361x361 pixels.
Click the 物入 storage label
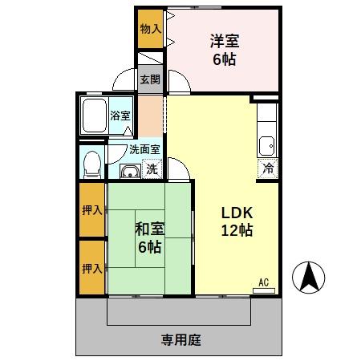pos(150,29)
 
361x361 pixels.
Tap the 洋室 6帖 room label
pos(225,50)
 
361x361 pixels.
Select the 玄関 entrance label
pos(150,80)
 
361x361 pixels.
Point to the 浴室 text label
pos(120,116)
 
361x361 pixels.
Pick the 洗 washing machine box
pos(152,168)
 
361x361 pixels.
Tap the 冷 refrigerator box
pos(266,168)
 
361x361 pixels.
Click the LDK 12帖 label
pos(237,222)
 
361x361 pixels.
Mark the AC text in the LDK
pos(262,282)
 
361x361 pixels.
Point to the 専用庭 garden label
pos(180,339)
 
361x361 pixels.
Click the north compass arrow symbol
pos(309,278)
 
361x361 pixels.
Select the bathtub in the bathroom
pos(95,116)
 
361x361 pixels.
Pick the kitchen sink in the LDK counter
pos(266,146)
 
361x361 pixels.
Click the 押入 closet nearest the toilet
pos(91,210)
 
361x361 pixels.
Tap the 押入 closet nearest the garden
pos(91,268)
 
